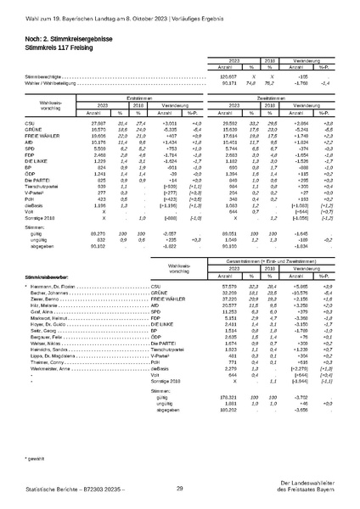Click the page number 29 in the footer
coord(180,489)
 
